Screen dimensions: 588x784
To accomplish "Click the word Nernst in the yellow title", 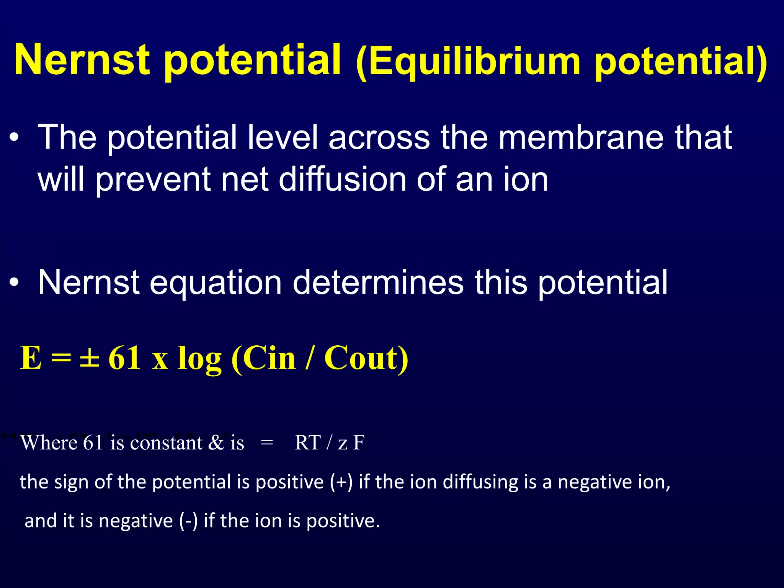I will pos(82,59).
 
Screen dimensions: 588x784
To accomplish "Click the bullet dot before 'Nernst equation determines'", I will pos(14,283).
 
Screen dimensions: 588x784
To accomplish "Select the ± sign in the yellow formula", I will pos(90,358).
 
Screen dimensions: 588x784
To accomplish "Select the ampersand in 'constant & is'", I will pos(216,443).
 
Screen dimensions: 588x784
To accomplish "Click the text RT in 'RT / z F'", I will pos(307,443).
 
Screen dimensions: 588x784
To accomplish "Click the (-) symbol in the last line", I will pos(188,521).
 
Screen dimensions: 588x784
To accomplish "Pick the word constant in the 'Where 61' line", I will pos(166,443).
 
